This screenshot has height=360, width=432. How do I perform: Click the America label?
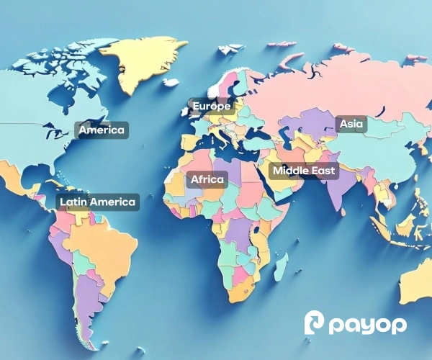pos(102,130)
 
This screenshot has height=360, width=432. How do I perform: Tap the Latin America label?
pos(97,202)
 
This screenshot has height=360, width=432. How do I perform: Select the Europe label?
pos(211,107)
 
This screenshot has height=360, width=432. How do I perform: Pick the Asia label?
pos(351,124)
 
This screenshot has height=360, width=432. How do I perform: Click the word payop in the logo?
pos(368,325)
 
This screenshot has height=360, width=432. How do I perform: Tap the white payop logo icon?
pos(315,324)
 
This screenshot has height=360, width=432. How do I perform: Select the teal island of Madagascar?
pos(281,266)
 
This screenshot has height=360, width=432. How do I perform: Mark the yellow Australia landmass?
pos(418,281)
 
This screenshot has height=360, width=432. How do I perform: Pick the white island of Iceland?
pos(171,83)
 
